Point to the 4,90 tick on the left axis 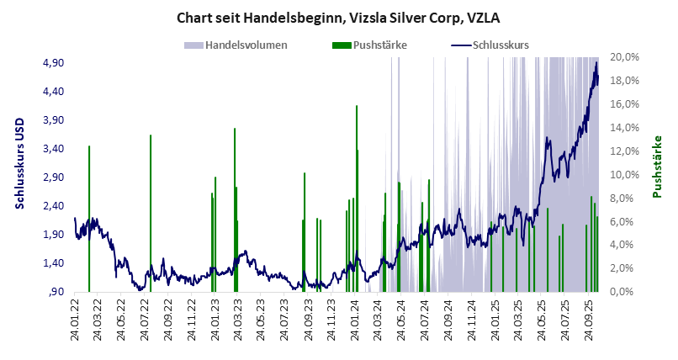(53, 62)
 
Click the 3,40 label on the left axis (53, 148)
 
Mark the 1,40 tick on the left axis (53, 262)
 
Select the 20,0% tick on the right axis (628, 56)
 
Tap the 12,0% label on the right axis (628, 151)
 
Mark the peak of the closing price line (596, 62)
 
